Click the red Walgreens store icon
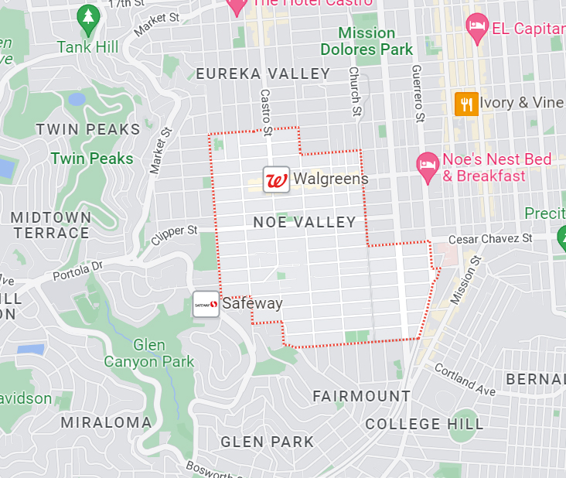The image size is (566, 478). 276,179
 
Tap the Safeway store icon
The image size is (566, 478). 206,304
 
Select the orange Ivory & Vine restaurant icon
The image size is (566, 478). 465,103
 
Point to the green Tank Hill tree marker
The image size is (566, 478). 89,21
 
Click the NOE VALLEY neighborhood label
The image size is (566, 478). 305,223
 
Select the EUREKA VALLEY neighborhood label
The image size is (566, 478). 263,74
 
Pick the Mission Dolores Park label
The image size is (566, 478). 367,42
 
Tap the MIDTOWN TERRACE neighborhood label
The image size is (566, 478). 51,225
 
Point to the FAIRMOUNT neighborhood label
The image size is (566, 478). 361,396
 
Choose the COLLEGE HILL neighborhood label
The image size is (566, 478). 424,424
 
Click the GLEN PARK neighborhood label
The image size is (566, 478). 268,442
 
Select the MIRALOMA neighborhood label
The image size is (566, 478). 106,422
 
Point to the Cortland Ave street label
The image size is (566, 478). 464,380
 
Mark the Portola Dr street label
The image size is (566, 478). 77,271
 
